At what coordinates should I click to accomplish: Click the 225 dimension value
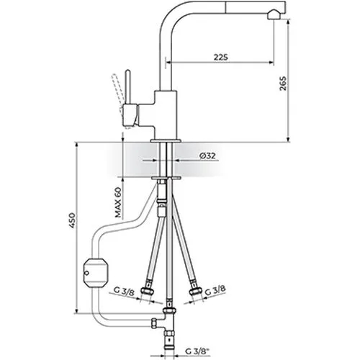pos(221,57)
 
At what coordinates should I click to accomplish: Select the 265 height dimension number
pos(283,84)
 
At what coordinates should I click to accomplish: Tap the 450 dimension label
pos(72,220)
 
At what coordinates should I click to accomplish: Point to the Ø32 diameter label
pos(207,156)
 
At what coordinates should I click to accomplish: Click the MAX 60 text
pos(118,202)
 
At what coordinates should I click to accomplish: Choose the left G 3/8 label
pos(125,291)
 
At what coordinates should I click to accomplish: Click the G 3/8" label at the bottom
pos(197,351)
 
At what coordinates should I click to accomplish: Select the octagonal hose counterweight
pos(94,273)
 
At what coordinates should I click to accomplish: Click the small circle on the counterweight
pos(86,273)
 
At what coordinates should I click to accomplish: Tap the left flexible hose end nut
pos(146,291)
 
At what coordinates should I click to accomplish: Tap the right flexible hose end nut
pos(194,291)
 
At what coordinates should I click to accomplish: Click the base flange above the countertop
pos(166,140)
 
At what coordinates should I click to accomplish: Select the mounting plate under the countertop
pos(166,178)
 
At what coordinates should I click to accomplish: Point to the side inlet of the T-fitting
pos(155,323)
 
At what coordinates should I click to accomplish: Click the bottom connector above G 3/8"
pos(170,338)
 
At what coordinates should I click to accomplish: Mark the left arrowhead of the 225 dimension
pos(168,63)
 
